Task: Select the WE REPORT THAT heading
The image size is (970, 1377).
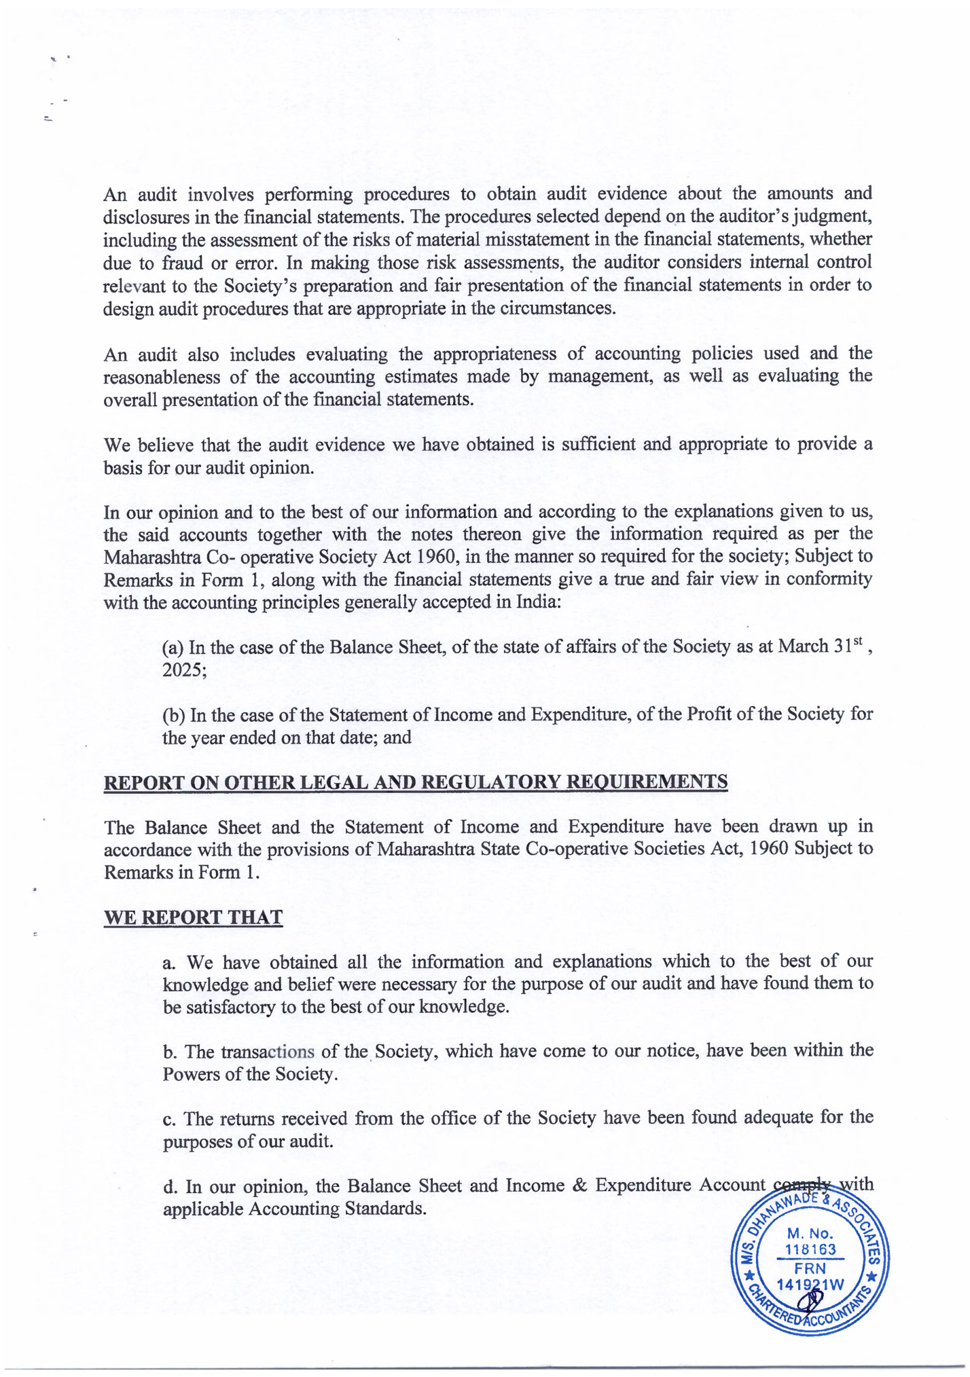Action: coord(193,917)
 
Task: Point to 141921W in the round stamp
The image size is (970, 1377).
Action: coord(810,1284)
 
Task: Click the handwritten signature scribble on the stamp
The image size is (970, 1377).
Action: coord(809,1300)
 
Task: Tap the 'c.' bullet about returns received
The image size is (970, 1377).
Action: coord(170,1118)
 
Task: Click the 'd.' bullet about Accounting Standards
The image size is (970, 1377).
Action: coord(170,1186)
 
